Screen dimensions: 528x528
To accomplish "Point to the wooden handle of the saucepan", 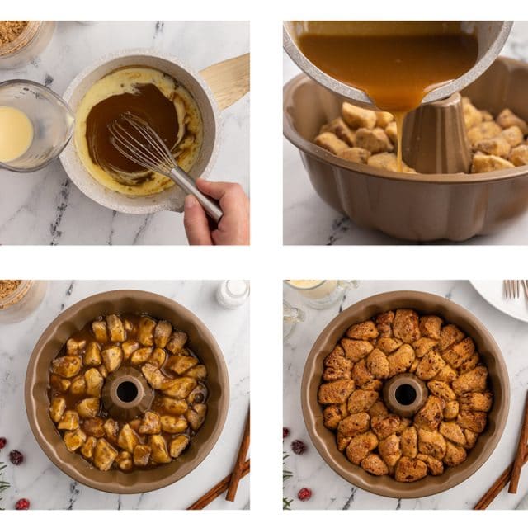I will (227, 79).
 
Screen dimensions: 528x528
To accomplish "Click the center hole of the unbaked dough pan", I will (127, 392).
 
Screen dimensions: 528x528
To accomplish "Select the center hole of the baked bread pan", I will (405, 394).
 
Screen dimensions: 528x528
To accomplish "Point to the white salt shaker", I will (233, 293).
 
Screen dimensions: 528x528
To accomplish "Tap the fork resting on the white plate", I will (515, 288).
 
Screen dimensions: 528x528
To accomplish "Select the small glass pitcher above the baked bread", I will (322, 293).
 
